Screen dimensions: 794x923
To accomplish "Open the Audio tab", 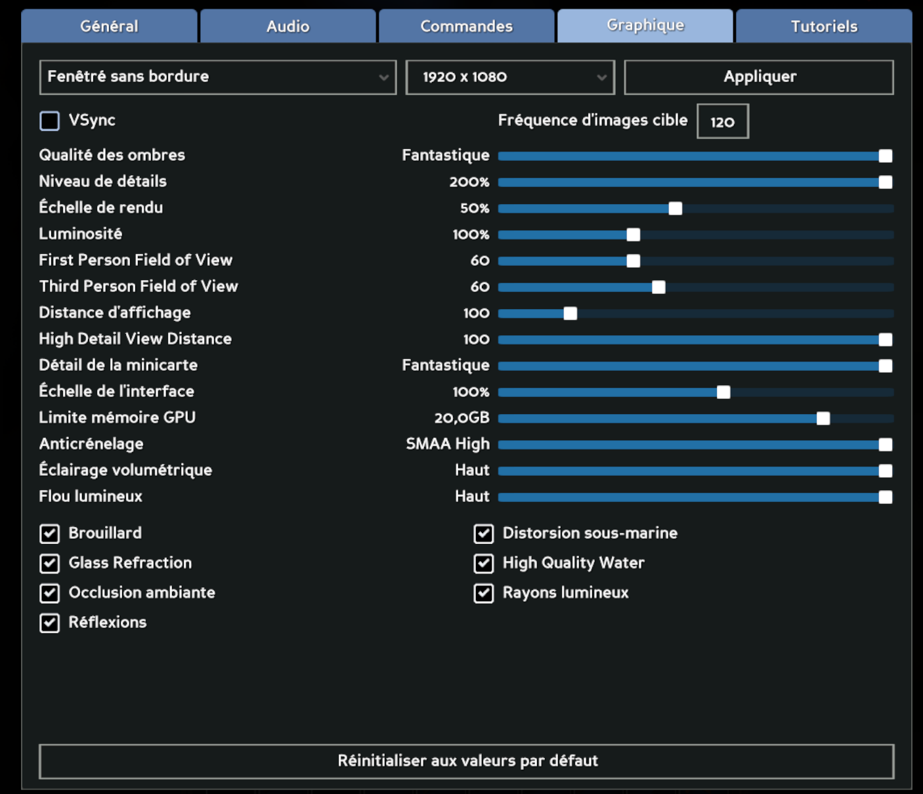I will tap(288, 26).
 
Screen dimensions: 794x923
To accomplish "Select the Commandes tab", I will tap(466, 26).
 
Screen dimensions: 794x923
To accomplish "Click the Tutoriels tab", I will tap(824, 26).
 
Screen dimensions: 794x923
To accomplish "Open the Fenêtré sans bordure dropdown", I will tap(217, 77).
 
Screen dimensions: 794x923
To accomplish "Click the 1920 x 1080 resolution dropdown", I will tap(509, 77).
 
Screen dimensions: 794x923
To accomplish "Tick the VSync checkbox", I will tap(50, 121).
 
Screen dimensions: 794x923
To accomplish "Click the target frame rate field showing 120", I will tap(722, 121).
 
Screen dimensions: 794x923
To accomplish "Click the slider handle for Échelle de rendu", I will tap(675, 209).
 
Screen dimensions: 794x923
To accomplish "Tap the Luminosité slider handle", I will tap(633, 235).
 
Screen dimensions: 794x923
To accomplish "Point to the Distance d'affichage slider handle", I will tap(570, 314).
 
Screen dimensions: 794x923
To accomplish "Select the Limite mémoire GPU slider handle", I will tap(823, 419).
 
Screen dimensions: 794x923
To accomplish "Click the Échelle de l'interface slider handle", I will tap(723, 392).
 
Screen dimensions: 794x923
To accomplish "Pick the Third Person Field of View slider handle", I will tap(658, 287).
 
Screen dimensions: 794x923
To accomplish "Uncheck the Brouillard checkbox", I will tap(50, 533).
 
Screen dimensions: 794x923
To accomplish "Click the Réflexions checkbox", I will tap(50, 623).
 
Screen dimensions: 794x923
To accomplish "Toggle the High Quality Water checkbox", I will tap(484, 563).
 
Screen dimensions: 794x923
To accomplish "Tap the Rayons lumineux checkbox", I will tap(484, 593).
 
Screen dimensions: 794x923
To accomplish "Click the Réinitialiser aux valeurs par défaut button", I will tap(466, 761).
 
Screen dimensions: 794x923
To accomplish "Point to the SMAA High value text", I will tap(448, 444).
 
